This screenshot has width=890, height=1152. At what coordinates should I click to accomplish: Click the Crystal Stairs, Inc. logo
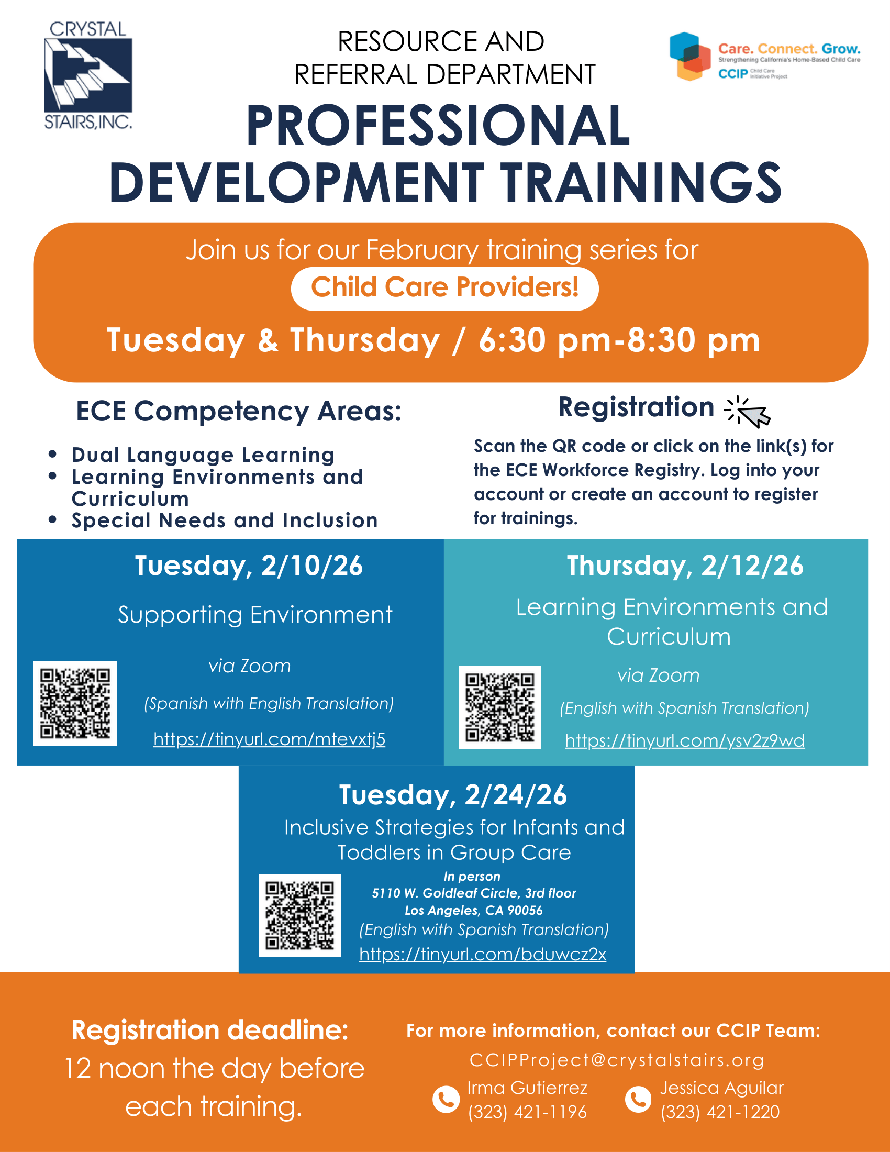pos(88,75)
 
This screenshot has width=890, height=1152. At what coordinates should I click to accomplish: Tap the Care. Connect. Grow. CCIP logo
pos(765,57)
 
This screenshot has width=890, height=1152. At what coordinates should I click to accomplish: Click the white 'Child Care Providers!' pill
pos(444,289)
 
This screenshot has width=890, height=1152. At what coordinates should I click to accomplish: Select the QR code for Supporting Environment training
pos(75,703)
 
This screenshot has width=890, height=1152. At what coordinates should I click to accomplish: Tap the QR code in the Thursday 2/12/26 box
pos(500,707)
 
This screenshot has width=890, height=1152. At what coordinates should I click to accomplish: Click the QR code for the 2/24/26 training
pos(299,915)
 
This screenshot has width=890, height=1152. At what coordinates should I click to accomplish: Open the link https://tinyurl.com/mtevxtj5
pos(270,739)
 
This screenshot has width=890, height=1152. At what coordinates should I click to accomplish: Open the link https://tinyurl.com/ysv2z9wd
pos(685,740)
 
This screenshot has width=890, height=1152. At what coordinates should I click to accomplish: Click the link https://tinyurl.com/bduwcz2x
pos(483,954)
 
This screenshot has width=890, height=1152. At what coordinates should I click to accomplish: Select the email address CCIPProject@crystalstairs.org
pos(617,1060)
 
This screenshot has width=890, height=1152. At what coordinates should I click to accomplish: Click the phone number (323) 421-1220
pos(720,1112)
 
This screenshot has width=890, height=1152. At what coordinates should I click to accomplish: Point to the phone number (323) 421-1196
pos(527,1112)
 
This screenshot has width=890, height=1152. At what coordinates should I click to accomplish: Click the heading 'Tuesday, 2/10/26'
pos(249,566)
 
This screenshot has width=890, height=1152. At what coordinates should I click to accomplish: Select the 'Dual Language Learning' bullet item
pos(203,455)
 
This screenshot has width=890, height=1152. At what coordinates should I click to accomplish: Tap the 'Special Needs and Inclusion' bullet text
pos(225,520)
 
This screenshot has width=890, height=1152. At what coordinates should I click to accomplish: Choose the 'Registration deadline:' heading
pos(210,1030)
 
